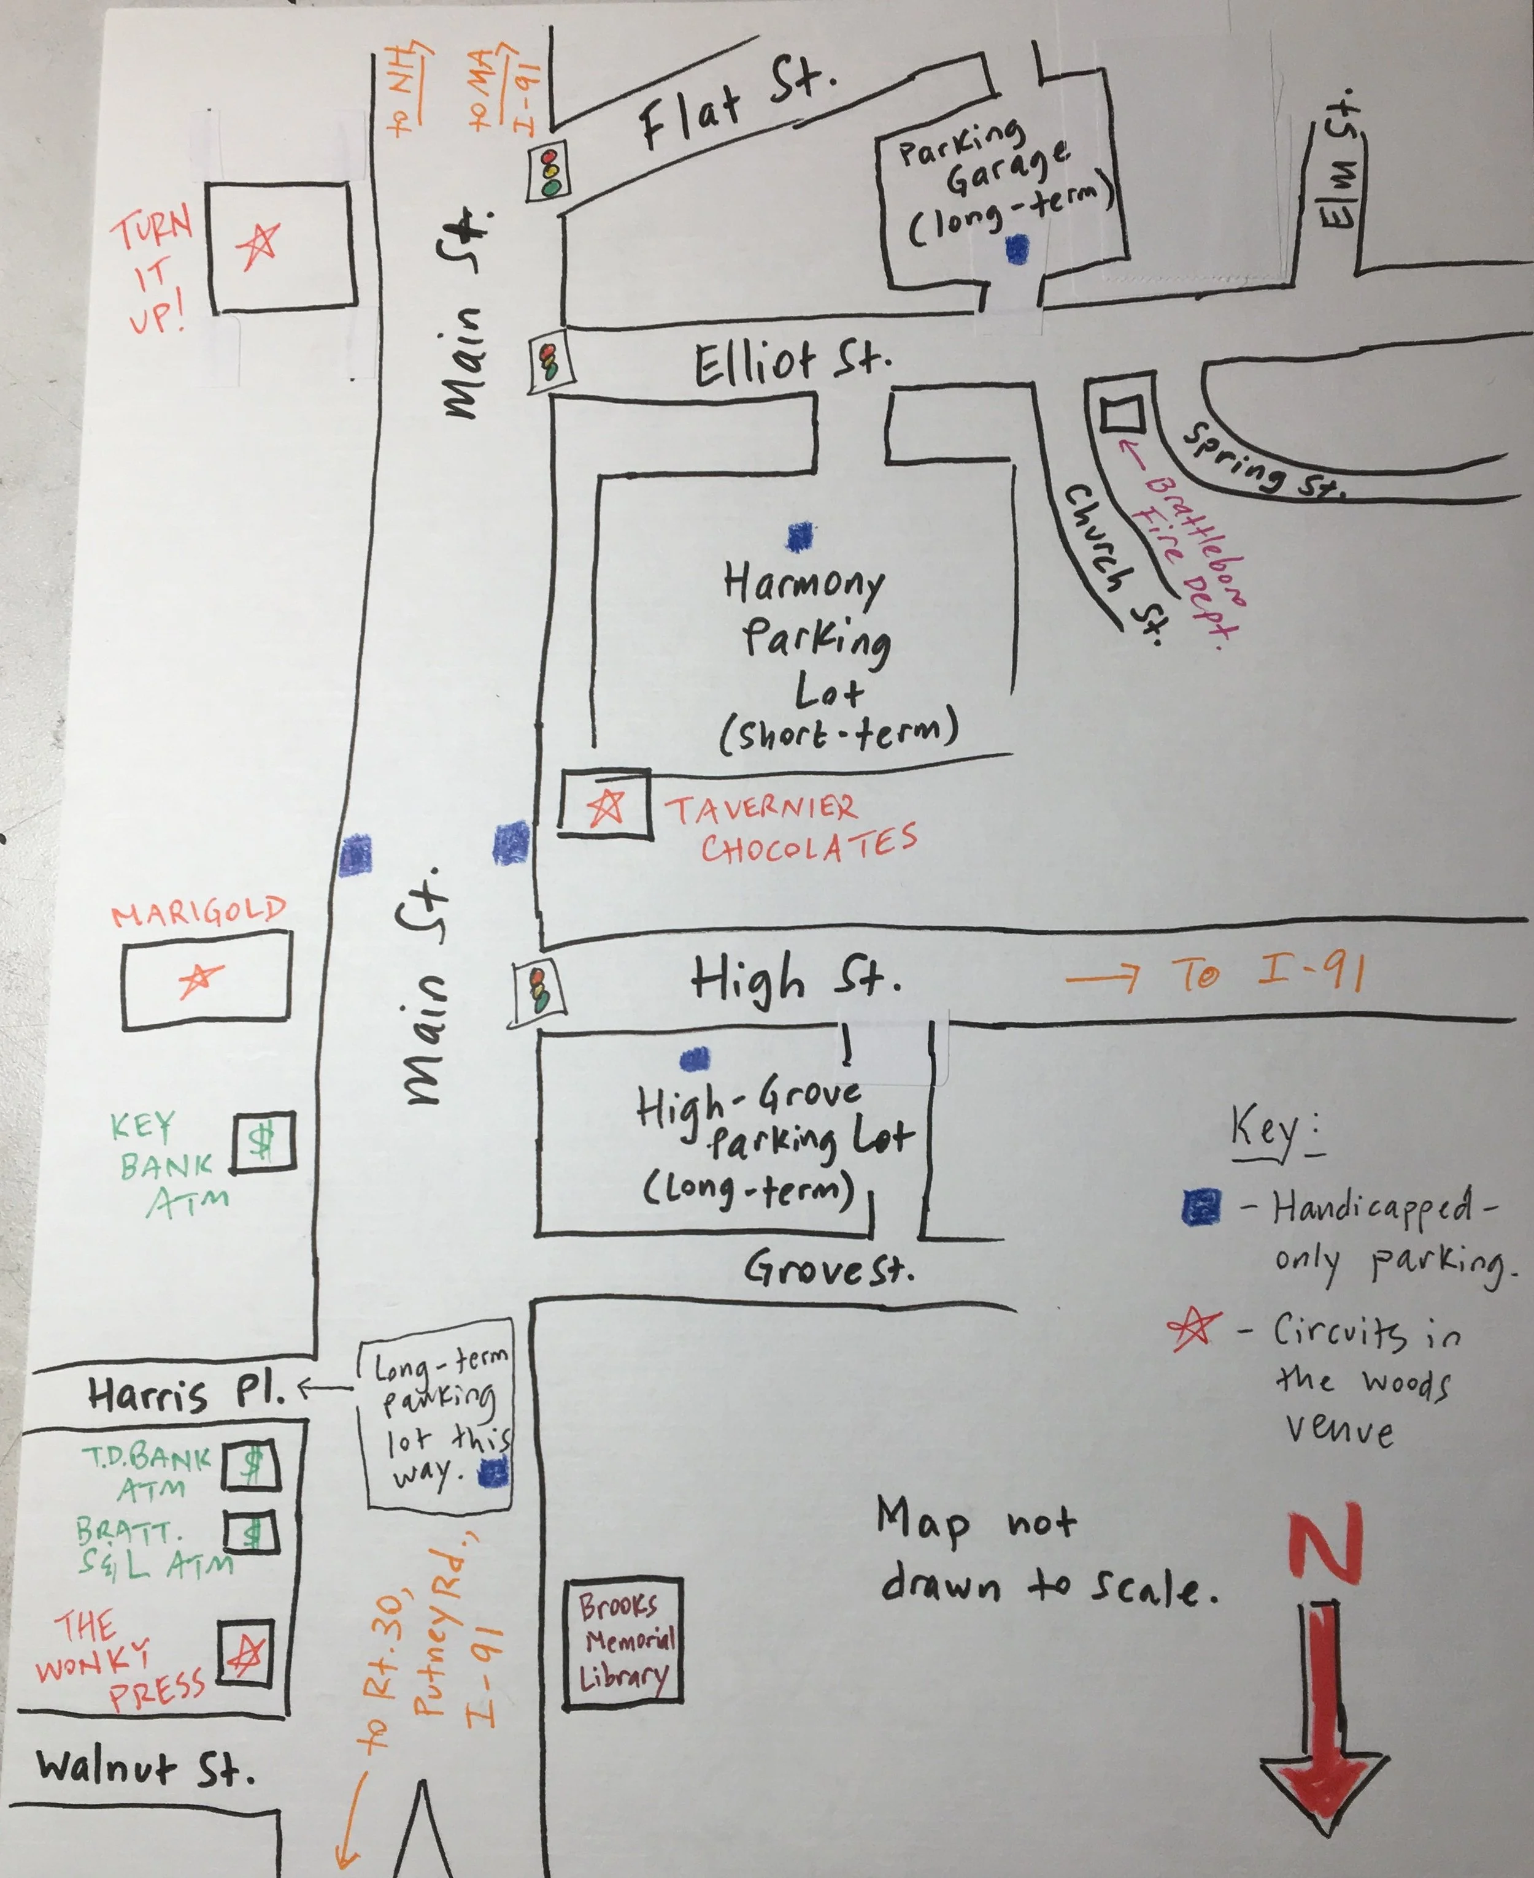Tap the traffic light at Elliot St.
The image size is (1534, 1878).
point(550,362)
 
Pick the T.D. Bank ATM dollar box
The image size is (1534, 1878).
point(251,1465)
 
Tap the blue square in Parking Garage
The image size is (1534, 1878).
point(1018,249)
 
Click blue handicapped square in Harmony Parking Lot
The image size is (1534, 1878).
point(800,536)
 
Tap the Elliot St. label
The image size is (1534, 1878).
point(791,364)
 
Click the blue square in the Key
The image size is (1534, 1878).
point(1202,1206)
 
